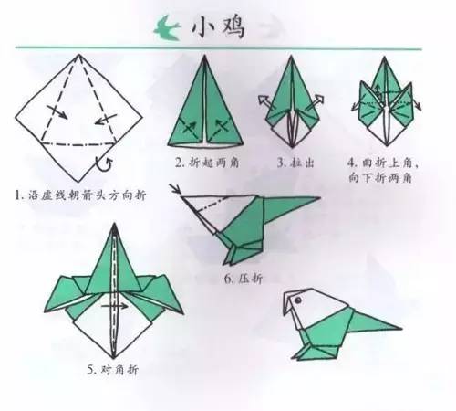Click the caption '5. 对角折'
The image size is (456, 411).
point(115,369)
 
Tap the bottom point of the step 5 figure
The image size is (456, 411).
point(115,357)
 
